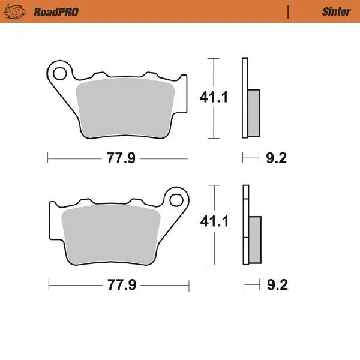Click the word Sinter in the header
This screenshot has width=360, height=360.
pyautogui.click(x=336, y=12)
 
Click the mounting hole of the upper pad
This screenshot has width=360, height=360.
pyautogui.click(x=60, y=74)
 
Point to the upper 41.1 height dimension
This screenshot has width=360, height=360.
pyautogui.click(x=215, y=97)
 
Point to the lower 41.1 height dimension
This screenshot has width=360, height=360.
pyautogui.click(x=215, y=222)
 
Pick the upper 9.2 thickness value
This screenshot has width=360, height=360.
pyautogui.click(x=276, y=159)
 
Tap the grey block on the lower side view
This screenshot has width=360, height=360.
pyautogui.click(x=255, y=239)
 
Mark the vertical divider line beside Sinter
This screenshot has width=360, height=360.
pyautogui.click(x=289, y=12)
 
